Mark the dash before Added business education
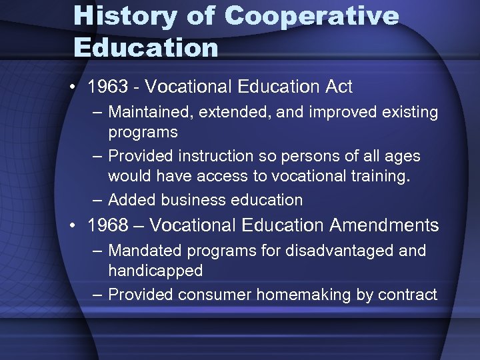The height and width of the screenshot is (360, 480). click(97, 200)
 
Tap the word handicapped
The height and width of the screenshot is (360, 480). click(155, 271)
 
